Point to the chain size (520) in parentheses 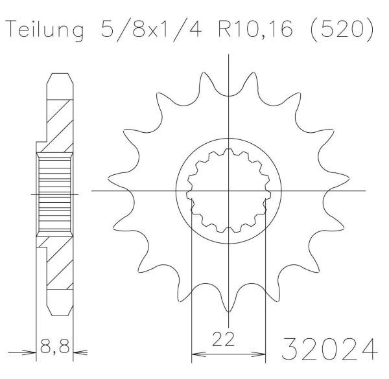click(x=347, y=30)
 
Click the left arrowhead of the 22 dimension click(x=194, y=355)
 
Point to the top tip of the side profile click(x=58, y=72)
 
